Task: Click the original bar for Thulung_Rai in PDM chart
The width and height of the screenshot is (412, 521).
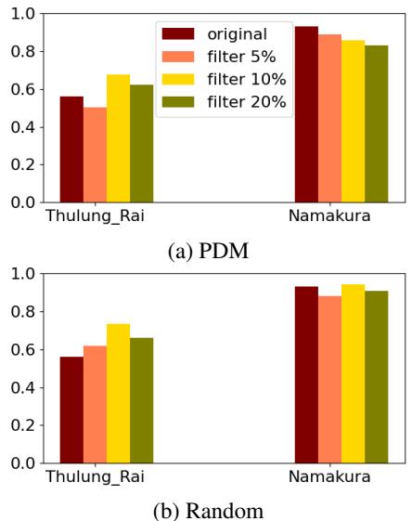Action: coord(71,150)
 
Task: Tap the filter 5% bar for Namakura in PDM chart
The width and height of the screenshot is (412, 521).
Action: coord(329,118)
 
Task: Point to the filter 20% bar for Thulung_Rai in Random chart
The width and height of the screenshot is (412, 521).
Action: coord(141,400)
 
